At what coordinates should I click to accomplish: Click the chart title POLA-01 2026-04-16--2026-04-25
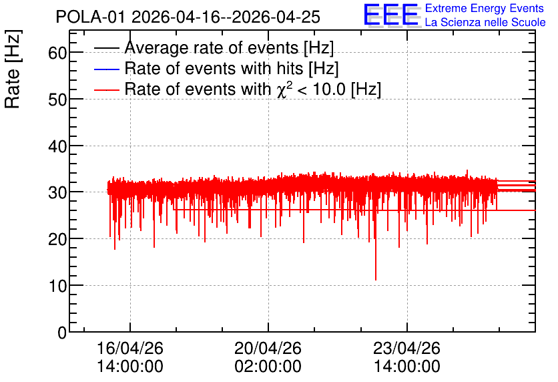pos(188,17)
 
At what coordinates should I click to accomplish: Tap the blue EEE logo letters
pos(391,15)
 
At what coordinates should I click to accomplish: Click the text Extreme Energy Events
pos(485,8)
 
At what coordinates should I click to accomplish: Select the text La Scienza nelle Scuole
pos(485,22)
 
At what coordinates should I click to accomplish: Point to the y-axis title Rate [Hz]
pos(13,69)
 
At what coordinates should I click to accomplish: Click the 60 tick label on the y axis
pos(57,53)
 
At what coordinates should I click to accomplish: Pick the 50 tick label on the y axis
pos(57,100)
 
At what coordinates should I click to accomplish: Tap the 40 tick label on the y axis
pos(57,146)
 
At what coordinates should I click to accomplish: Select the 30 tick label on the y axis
pos(57,192)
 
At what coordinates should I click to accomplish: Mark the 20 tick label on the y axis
pos(57,240)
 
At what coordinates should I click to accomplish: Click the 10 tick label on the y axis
pos(57,286)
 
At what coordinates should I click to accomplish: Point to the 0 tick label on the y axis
pos(62,333)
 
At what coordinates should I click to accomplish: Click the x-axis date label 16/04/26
pos(130,348)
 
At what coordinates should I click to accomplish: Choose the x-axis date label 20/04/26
pos(268,348)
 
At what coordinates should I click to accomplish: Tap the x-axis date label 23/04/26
pos(406,348)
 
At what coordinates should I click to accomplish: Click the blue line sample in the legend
pos(106,69)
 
